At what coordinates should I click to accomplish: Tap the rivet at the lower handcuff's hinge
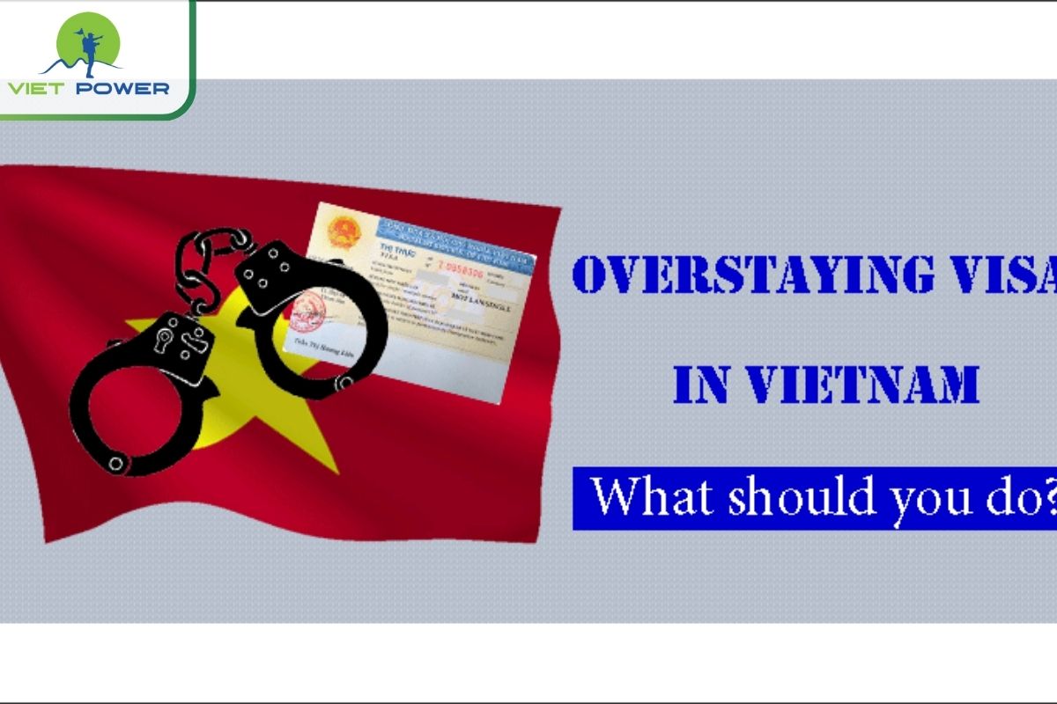tap(117, 461)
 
